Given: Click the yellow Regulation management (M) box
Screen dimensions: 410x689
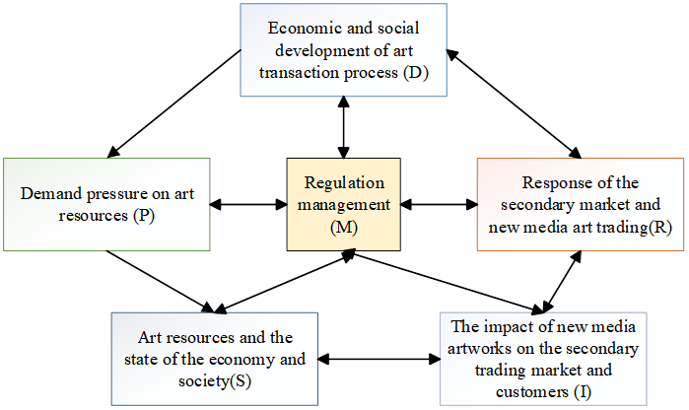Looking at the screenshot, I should (x=342, y=204).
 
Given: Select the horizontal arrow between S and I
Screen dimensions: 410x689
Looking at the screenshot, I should (x=379, y=359).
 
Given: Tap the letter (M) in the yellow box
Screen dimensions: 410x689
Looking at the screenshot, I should (x=342, y=226).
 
